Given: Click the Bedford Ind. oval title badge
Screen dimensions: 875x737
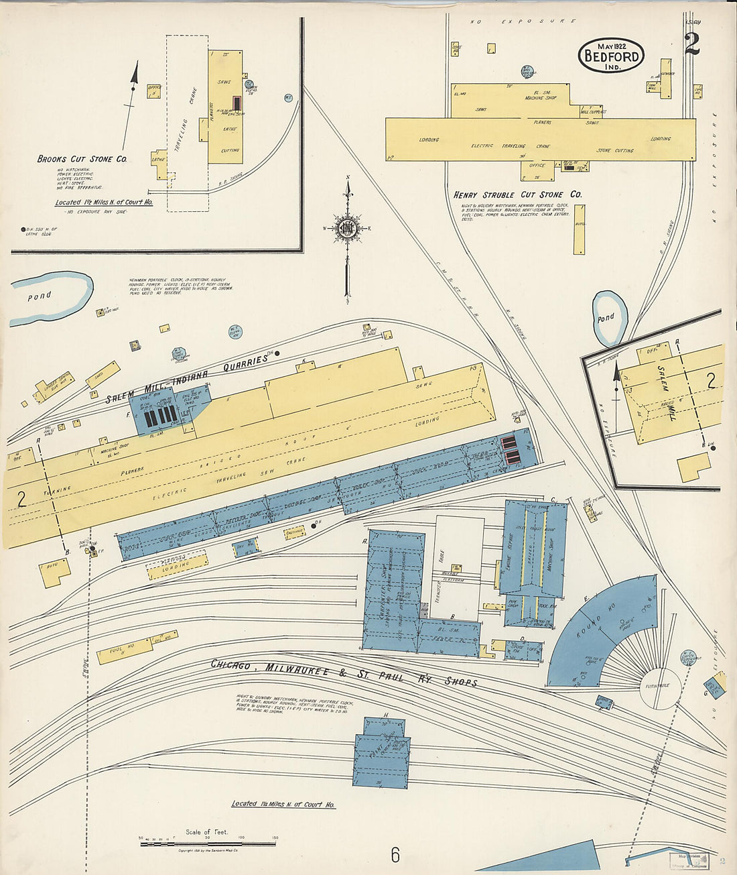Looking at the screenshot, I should point(610,55).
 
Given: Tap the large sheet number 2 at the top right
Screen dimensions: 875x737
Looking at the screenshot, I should point(692,44).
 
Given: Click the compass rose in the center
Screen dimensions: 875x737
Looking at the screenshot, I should point(348,229).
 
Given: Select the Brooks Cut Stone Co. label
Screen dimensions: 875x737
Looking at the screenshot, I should point(82,160).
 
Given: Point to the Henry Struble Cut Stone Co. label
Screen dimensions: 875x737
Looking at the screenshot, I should point(517,194).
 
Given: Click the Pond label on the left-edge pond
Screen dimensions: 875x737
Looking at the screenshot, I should point(39,296).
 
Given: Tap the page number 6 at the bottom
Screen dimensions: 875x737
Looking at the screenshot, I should point(395,855).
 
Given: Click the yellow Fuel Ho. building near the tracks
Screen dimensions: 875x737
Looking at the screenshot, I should point(124,651).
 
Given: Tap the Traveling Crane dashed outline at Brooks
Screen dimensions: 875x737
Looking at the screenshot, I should point(188,124).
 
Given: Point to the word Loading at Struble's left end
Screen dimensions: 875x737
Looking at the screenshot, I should point(429,139).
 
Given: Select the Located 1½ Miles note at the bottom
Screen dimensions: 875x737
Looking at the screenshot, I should point(283,804).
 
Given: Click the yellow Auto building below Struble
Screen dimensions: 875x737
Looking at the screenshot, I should point(579,229).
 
